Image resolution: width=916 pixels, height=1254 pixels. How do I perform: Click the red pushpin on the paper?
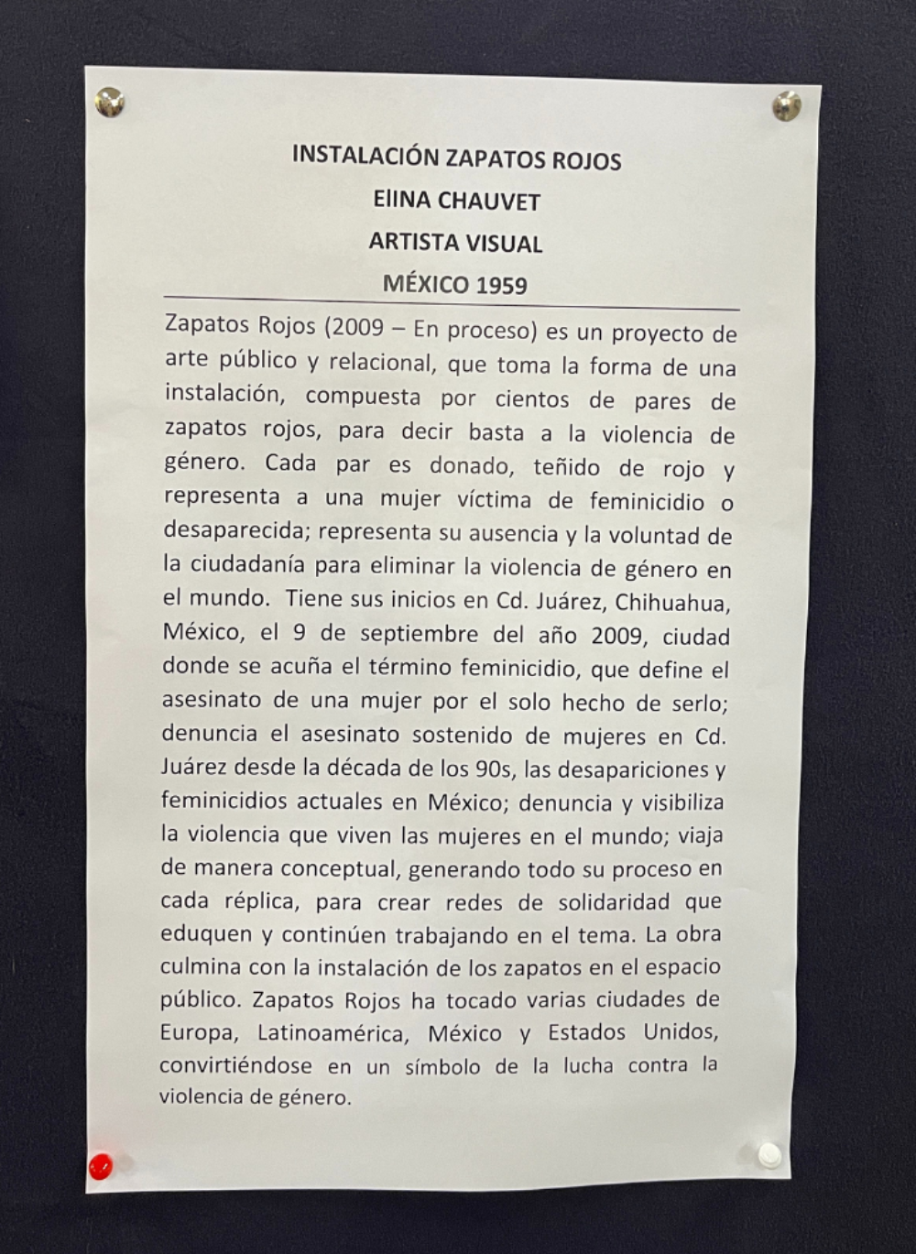pos(100,1166)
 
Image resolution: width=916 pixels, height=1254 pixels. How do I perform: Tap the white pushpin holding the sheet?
pos(769,1155)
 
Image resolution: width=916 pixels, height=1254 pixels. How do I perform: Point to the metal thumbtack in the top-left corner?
pos(110,102)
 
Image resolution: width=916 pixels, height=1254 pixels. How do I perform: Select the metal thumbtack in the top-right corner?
pos(786,106)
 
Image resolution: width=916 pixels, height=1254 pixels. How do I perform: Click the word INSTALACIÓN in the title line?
pos(365,157)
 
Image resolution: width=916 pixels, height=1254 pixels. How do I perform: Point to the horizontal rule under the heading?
pos(451,303)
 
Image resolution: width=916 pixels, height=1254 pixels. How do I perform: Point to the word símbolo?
pos(442,1066)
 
